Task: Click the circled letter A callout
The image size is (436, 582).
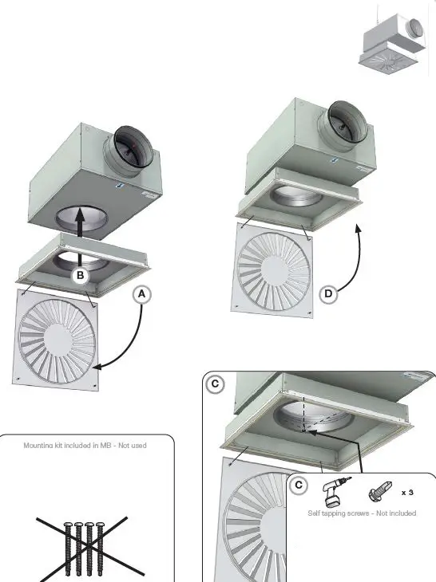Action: click(141, 294)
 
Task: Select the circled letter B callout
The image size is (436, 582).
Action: click(79, 276)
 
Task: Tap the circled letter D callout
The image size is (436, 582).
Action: click(329, 294)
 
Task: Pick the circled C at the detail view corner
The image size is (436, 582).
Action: click(214, 383)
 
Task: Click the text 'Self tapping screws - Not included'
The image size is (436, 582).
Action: click(362, 513)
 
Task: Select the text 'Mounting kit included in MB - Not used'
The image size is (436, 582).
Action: click(85, 445)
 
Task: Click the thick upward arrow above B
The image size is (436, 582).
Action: click(81, 231)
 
